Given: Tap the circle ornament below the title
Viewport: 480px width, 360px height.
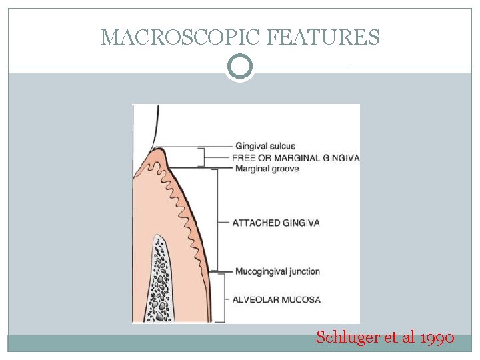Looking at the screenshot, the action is pyautogui.click(x=240, y=67).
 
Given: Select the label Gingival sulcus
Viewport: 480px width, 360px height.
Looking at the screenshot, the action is pyautogui.click(x=265, y=146).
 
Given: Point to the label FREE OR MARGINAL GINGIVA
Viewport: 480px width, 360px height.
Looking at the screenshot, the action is pyautogui.click(x=296, y=158).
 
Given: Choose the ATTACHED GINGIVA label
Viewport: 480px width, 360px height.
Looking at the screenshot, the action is pyautogui.click(x=276, y=223).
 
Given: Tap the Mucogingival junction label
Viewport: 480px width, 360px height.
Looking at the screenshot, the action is pyautogui.click(x=277, y=271).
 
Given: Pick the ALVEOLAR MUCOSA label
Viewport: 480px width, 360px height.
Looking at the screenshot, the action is pyautogui.click(x=276, y=299).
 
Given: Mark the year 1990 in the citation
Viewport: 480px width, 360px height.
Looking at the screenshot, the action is pyautogui.click(x=438, y=337).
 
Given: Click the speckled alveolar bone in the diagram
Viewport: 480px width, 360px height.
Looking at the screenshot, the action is pyautogui.click(x=161, y=280).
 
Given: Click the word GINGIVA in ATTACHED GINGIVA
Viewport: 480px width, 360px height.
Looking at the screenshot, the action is pyautogui.click(x=301, y=223).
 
